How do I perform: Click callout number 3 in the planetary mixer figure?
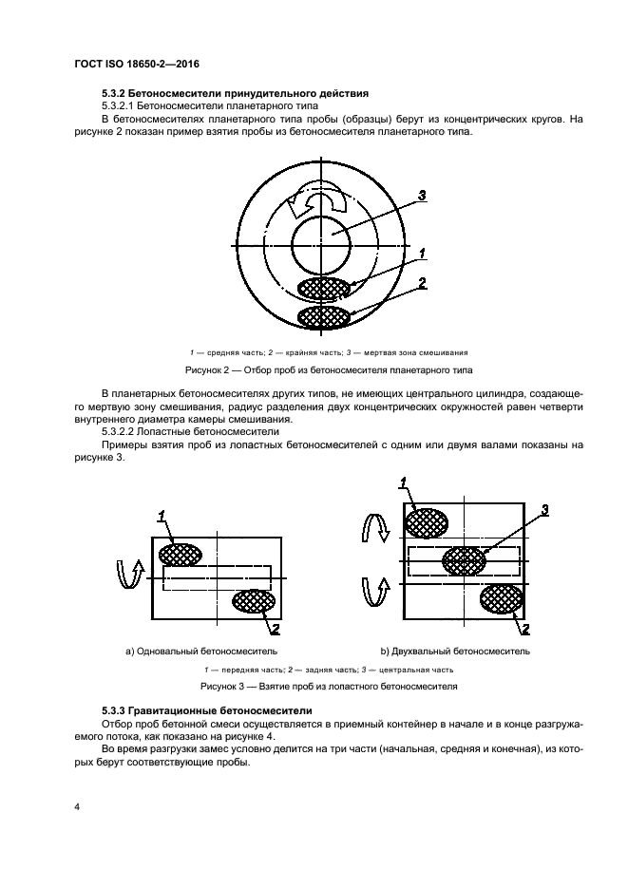click(422, 195)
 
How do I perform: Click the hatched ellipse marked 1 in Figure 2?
click(323, 288)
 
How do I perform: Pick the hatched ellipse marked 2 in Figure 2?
click(323, 316)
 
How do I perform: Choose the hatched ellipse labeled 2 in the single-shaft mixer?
click(255, 602)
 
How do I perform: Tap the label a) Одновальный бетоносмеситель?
click(200, 652)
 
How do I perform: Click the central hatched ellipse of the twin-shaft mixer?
click(464, 559)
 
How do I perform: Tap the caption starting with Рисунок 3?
click(328, 685)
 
